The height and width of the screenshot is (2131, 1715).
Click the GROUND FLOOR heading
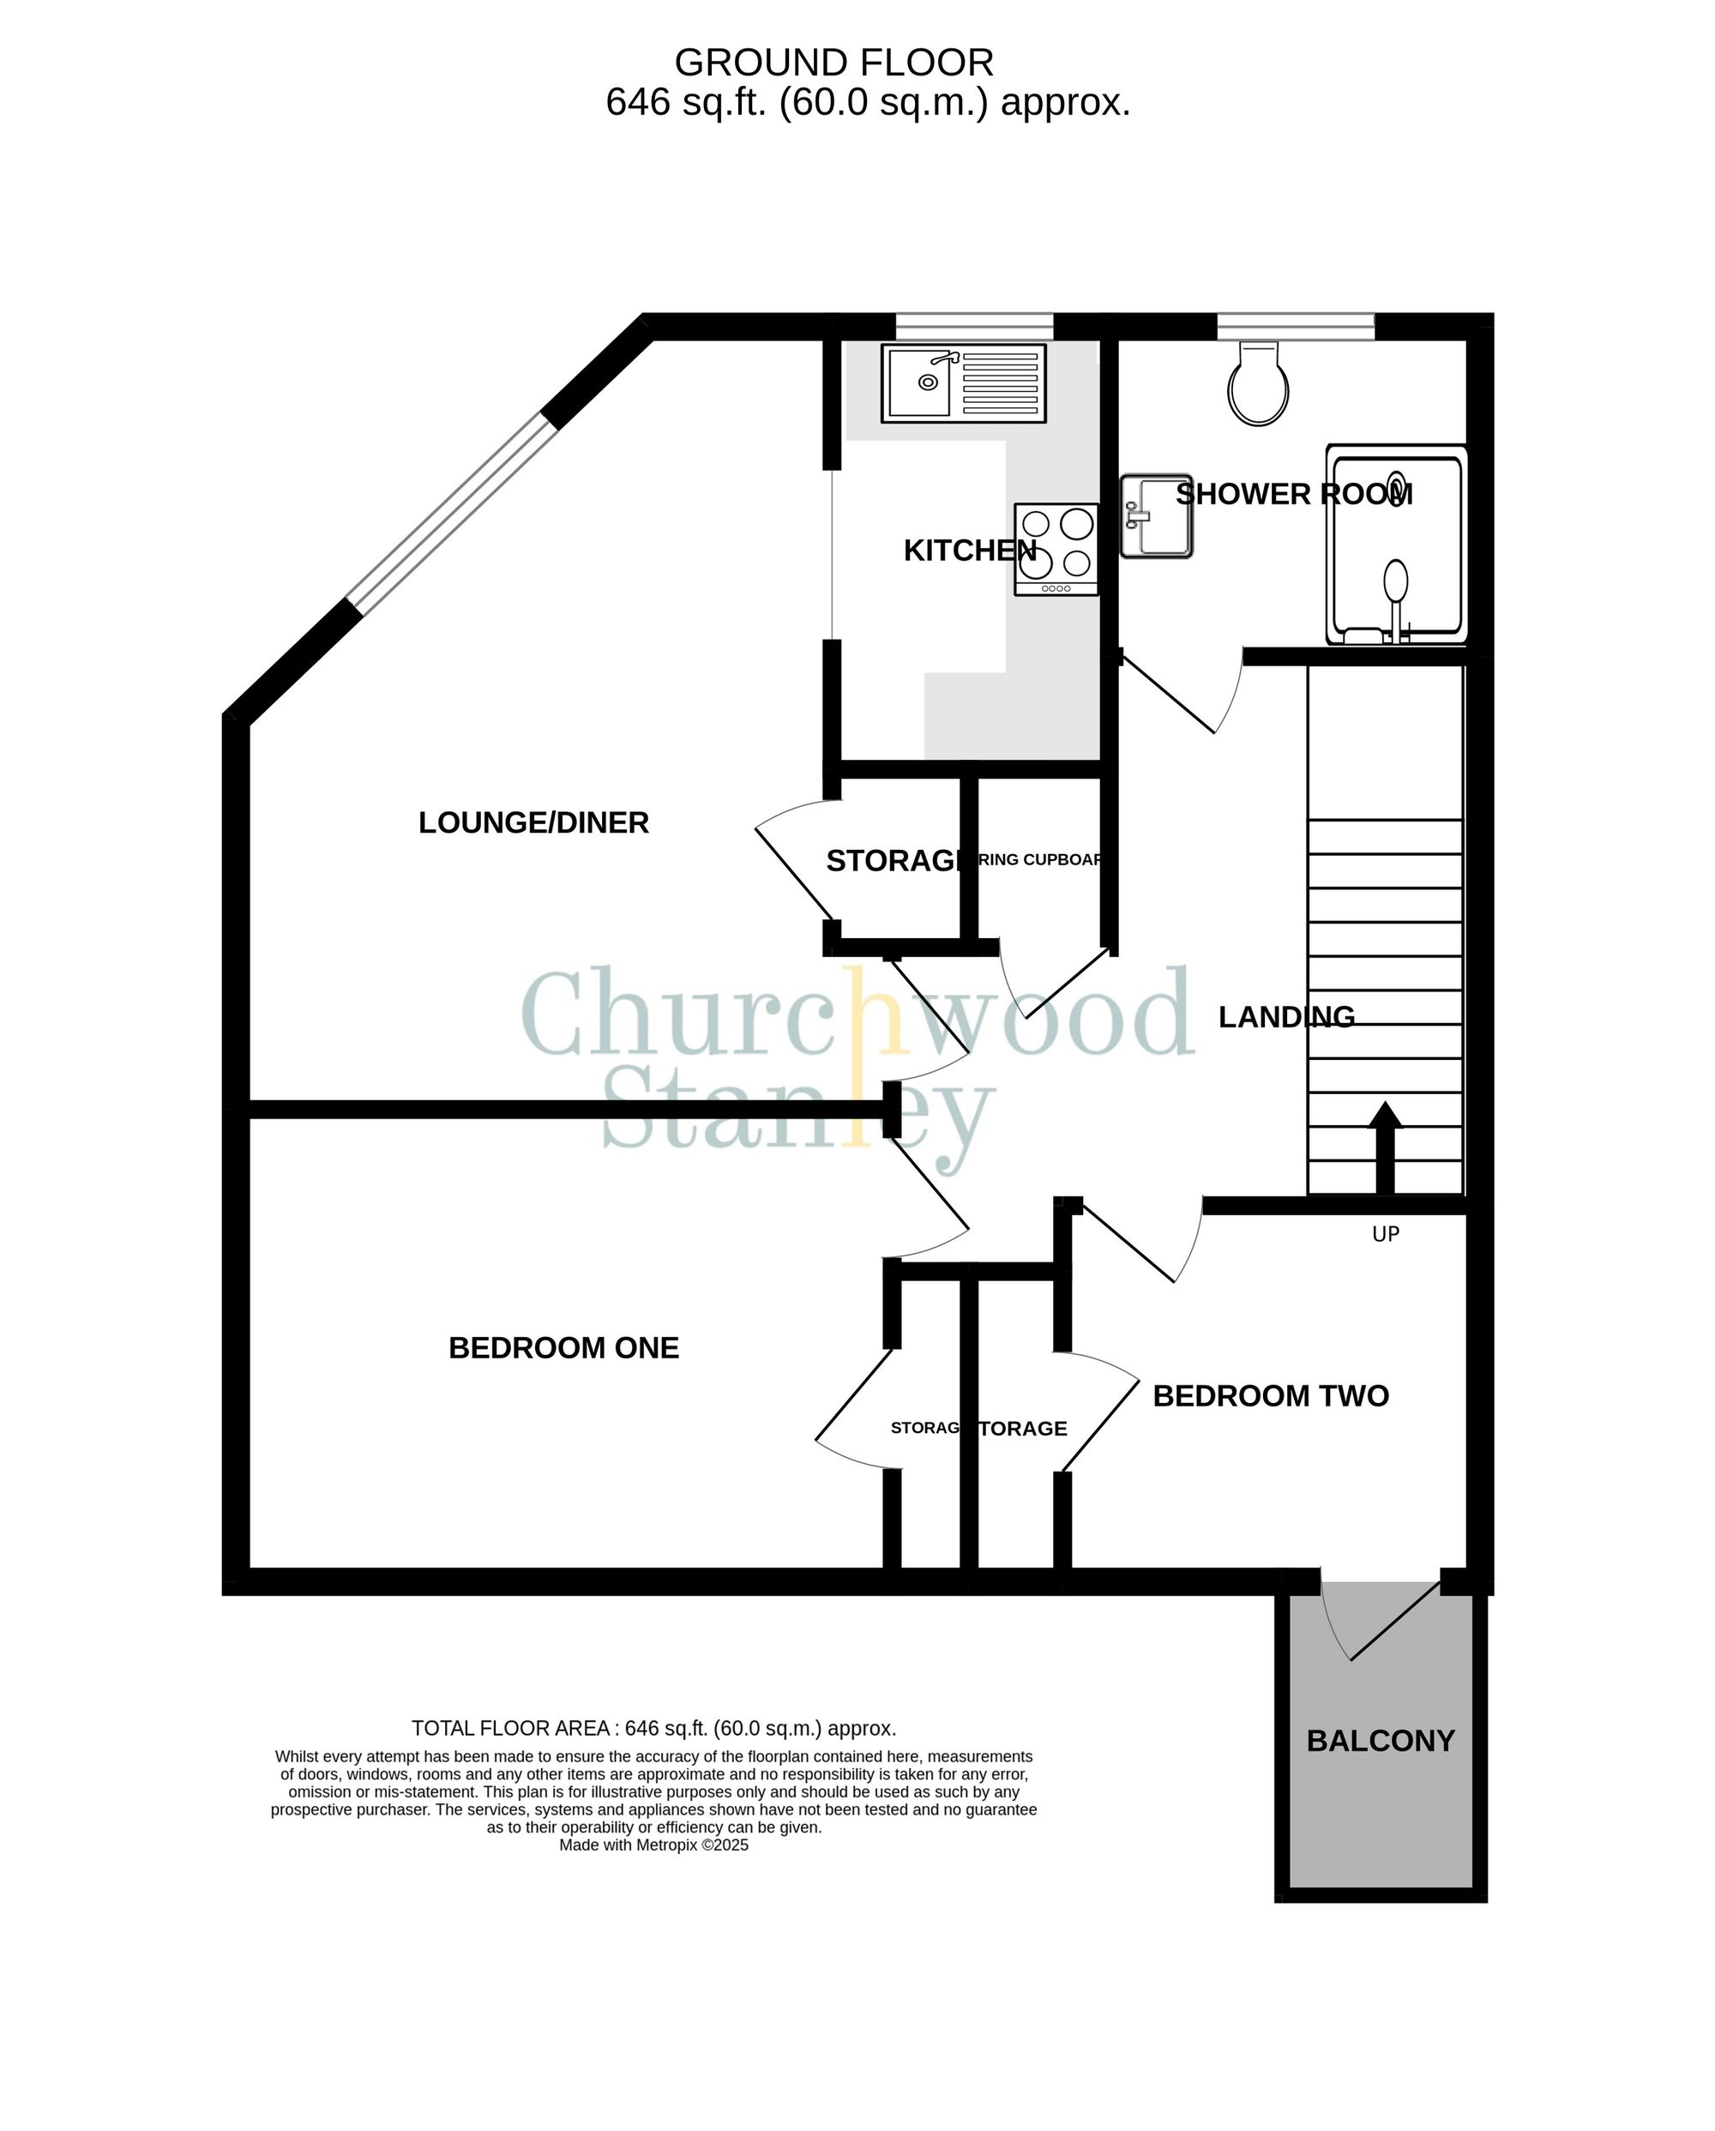833,63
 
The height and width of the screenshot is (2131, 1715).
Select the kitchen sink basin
919,382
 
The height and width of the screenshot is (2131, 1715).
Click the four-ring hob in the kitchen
1056,549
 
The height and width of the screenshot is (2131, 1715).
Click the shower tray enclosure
1396,545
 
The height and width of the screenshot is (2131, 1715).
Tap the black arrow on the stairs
1385,1147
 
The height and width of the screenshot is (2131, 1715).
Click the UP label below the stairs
1385,1233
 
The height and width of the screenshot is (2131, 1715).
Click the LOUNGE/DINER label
533,822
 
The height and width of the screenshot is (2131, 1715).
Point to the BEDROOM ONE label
563,1348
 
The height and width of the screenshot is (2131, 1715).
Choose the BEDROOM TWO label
1270,1395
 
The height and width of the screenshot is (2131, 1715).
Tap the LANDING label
1285,1017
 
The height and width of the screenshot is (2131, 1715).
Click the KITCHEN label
969,551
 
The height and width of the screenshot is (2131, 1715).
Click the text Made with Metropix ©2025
653,1845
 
